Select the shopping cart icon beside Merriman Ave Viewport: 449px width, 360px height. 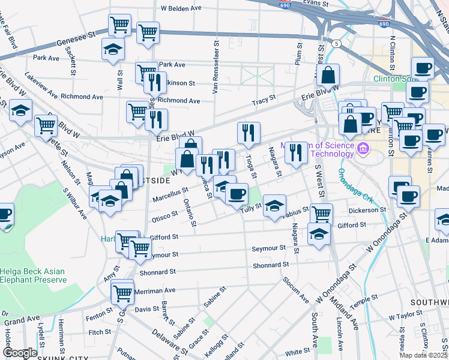122,292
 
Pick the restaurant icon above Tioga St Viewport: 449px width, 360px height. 249,133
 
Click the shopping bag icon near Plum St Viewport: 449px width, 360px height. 328,76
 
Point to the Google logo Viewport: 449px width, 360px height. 20,353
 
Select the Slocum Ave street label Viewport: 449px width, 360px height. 296,290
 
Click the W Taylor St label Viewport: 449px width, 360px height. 406,315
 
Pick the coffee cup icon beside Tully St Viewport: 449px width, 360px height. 237,194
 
